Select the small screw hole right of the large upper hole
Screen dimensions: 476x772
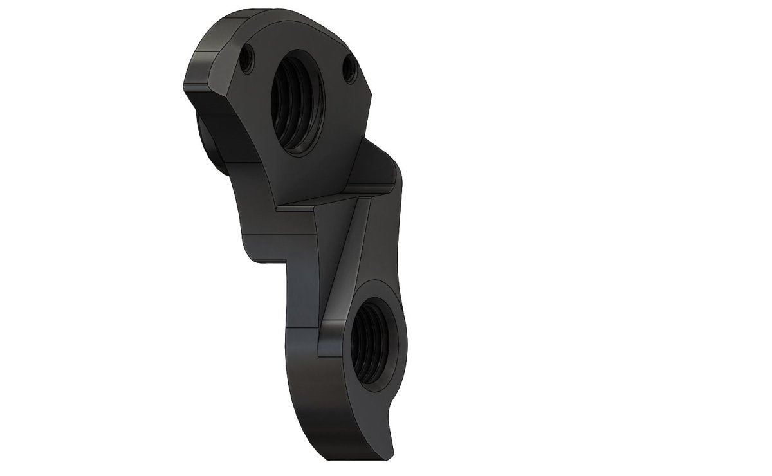(350, 67)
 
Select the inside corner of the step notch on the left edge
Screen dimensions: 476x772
(286, 260)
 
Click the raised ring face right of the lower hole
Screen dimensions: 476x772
(400, 334)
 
